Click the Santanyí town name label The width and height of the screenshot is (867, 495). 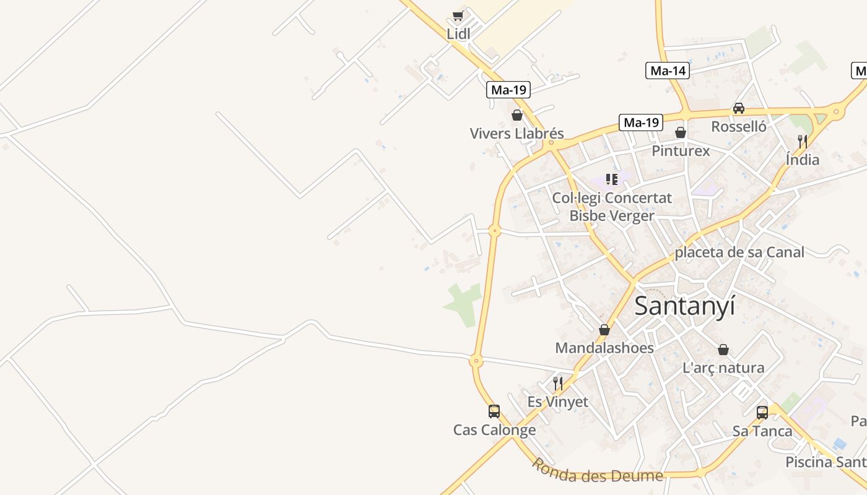click(x=685, y=306)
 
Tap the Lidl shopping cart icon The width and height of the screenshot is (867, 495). click(x=458, y=16)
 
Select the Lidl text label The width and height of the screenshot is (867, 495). click(x=458, y=34)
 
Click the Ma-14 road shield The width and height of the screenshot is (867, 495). click(x=668, y=71)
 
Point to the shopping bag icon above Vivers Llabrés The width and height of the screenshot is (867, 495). click(x=517, y=115)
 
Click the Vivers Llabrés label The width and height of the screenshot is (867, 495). click(x=516, y=134)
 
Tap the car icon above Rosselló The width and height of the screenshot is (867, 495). click(x=739, y=108)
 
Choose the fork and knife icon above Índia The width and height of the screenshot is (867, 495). click(x=803, y=141)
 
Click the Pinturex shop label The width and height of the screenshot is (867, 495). click(x=681, y=151)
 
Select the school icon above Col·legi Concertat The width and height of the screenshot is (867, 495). click(x=612, y=179)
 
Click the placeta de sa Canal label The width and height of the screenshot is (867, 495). click(x=739, y=252)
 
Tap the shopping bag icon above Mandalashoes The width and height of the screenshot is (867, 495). click(x=604, y=330)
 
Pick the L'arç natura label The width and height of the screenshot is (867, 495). click(x=723, y=368)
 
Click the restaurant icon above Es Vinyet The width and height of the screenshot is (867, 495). click(x=558, y=383)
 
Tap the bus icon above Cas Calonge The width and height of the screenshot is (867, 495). click(x=494, y=411)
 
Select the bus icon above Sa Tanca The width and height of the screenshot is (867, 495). click(x=762, y=413)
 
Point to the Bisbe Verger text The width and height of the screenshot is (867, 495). click(x=611, y=216)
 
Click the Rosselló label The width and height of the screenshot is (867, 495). click(x=739, y=127)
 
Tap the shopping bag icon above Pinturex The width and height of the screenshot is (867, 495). click(x=681, y=132)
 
